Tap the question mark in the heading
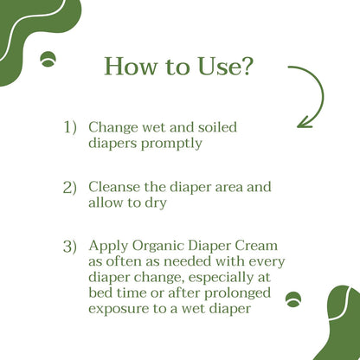[245, 66]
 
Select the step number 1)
[70, 127]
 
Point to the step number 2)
[70, 188]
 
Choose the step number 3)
[70, 247]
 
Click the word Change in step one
[113, 128]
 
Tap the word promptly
[171, 144]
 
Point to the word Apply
[108, 247]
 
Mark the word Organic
[158, 247]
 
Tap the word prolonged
[238, 293]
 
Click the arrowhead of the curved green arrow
[304, 122]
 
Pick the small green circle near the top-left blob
[48, 59]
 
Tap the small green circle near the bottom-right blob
[293, 299]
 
